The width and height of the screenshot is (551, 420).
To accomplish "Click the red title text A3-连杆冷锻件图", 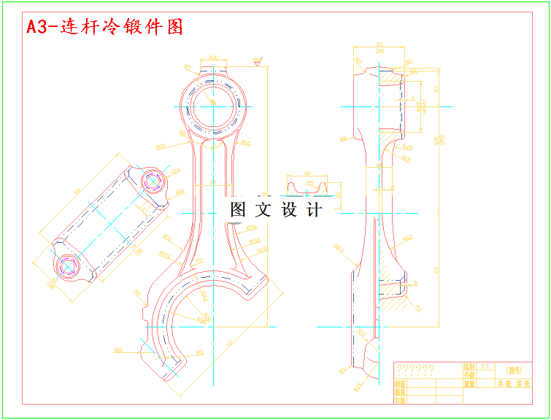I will point(104,28).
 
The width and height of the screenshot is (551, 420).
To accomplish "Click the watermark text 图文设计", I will point(275,210).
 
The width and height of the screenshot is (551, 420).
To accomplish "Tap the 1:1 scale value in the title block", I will point(485,367).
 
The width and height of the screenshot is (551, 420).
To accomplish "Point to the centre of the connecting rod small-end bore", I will point(214,106).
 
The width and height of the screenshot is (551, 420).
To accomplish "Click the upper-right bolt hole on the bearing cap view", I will point(152,181).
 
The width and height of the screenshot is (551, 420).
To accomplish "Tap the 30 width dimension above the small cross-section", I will point(306,174).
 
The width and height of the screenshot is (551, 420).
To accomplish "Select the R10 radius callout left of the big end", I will point(117,351).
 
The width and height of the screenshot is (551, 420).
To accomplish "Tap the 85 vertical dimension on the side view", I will point(436,270).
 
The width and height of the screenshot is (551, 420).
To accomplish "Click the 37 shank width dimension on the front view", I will point(212,182).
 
